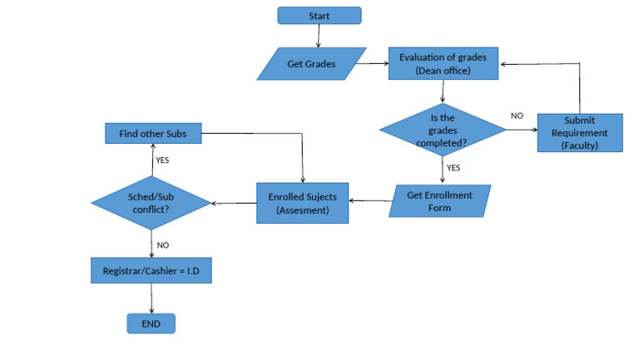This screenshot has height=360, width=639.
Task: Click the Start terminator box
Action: pos(319,16)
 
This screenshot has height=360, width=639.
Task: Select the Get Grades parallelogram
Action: pos(312,64)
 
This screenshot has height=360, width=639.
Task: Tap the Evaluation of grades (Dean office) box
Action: pos(443,63)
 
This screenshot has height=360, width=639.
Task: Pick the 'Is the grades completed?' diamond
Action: pos(443,130)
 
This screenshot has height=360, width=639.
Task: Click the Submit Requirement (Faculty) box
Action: pos(579,132)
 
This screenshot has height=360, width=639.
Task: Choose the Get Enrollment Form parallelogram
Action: pos(440,201)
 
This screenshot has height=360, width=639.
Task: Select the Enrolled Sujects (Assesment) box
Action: pos(301,202)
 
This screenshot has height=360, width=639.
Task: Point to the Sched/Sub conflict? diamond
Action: pos(152,202)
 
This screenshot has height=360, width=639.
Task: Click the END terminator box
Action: pos(151,323)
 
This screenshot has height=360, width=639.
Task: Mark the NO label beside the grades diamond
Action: pos(517,116)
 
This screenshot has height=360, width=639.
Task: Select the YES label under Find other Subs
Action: pos(163,160)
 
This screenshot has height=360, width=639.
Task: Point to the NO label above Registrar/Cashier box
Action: pos(163,245)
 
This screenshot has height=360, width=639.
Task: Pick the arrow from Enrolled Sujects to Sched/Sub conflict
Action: pos(235,202)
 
